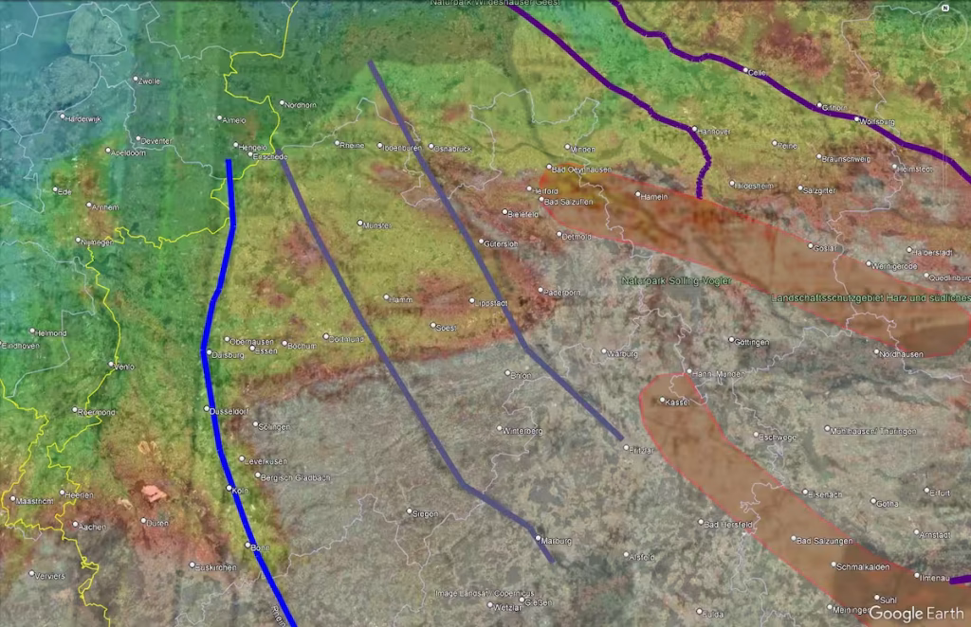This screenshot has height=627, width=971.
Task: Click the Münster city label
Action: pyautogui.click(x=377, y=224)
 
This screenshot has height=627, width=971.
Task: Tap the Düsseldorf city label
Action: pyautogui.click(x=229, y=410)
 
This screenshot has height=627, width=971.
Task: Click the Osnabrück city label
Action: pyautogui.click(x=450, y=148)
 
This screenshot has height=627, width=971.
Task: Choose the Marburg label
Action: pyautogui.click(x=557, y=540)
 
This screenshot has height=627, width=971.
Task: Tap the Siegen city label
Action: pyautogui.click(x=425, y=513)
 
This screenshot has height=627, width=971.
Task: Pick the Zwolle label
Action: pyautogui.click(x=149, y=81)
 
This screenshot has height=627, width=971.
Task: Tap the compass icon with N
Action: pyautogui.click(x=944, y=28)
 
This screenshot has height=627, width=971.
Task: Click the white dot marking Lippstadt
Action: pyautogui.click(x=472, y=302)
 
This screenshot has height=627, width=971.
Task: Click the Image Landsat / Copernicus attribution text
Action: pyautogui.click(x=485, y=593)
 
